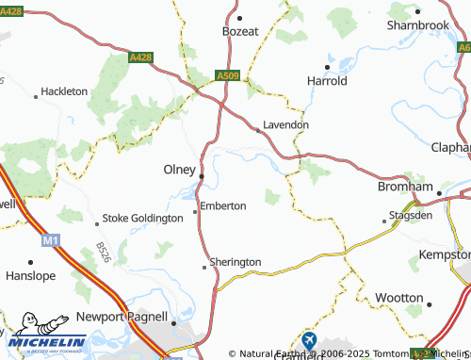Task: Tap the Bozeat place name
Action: click(240, 31)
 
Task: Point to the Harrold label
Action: click(328, 81)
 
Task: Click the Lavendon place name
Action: click(285, 123)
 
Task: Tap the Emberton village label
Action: click(224, 205)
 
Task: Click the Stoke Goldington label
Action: click(142, 218)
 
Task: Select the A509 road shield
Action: click(226, 74)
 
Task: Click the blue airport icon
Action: click(310, 339)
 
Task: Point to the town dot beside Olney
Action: click(202, 176)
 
